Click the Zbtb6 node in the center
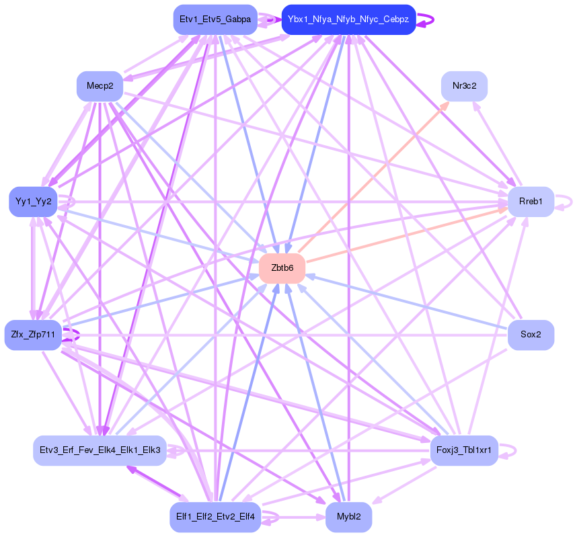(282, 267)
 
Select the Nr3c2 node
(464, 86)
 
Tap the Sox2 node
(531, 335)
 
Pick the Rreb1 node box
(531, 201)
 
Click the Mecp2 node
(100, 86)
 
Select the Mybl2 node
(348, 517)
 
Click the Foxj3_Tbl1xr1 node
(464, 450)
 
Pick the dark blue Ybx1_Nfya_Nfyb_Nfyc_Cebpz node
(348, 19)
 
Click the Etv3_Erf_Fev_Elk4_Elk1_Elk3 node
(100, 450)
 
